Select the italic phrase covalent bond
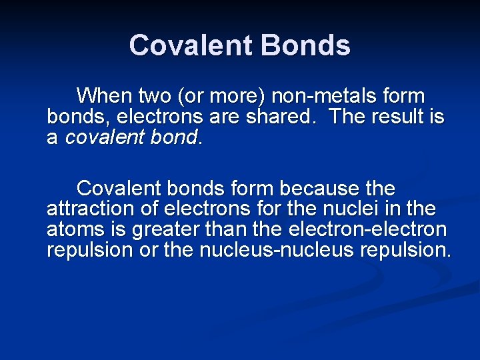pyautogui.click(x=132, y=138)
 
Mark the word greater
pyautogui.click(x=164, y=230)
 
